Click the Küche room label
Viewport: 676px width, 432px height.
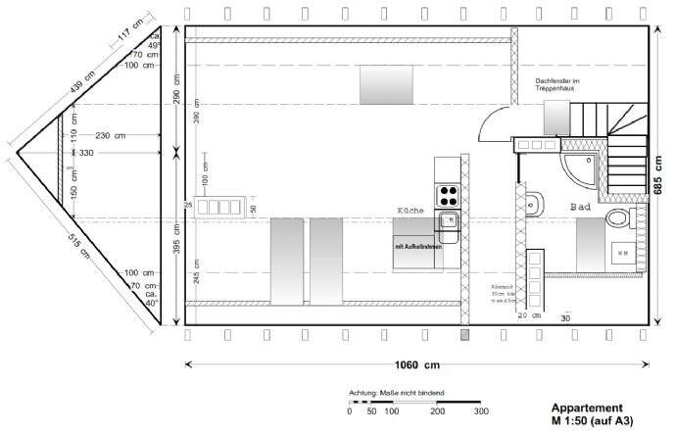point(410,211)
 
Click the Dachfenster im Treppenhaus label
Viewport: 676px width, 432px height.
point(557,86)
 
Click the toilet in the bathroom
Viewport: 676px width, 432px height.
point(534,205)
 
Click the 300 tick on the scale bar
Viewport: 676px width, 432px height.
point(481,412)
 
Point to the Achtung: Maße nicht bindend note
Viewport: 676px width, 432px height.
point(396,393)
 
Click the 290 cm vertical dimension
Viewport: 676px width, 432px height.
point(176,90)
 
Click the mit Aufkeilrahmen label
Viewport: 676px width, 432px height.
point(418,247)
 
